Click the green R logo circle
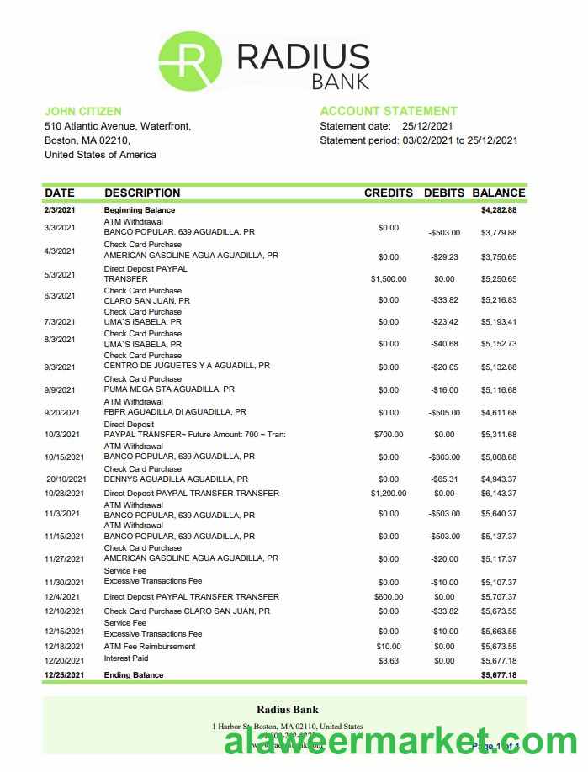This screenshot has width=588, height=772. coord(190,61)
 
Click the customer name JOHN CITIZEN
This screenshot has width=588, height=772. coord(82,111)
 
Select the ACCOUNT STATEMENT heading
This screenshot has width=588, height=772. coord(389,111)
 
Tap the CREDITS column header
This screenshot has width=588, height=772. coord(388,193)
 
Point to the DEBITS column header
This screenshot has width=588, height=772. coord(443,193)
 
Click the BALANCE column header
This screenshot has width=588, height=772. coord(499,193)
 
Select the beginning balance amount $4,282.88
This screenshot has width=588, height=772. coord(499,210)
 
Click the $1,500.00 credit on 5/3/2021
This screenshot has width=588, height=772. coord(388,279)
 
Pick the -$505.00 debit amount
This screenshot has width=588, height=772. coord(443,413)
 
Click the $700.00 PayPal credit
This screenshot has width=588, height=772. coord(388,435)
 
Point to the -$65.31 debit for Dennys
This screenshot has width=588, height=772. coord(443,479)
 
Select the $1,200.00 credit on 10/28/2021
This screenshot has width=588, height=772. coord(388,494)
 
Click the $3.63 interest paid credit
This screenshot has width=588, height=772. coord(388,661)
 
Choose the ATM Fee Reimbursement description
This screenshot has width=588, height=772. coord(150,647)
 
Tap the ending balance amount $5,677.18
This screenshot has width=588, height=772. coord(499,675)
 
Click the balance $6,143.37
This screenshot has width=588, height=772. coord(499,494)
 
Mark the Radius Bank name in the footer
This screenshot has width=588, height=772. coord(287,710)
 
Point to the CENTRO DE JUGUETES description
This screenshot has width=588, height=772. coord(187,366)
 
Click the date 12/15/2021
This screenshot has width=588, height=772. coord(65,632)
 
